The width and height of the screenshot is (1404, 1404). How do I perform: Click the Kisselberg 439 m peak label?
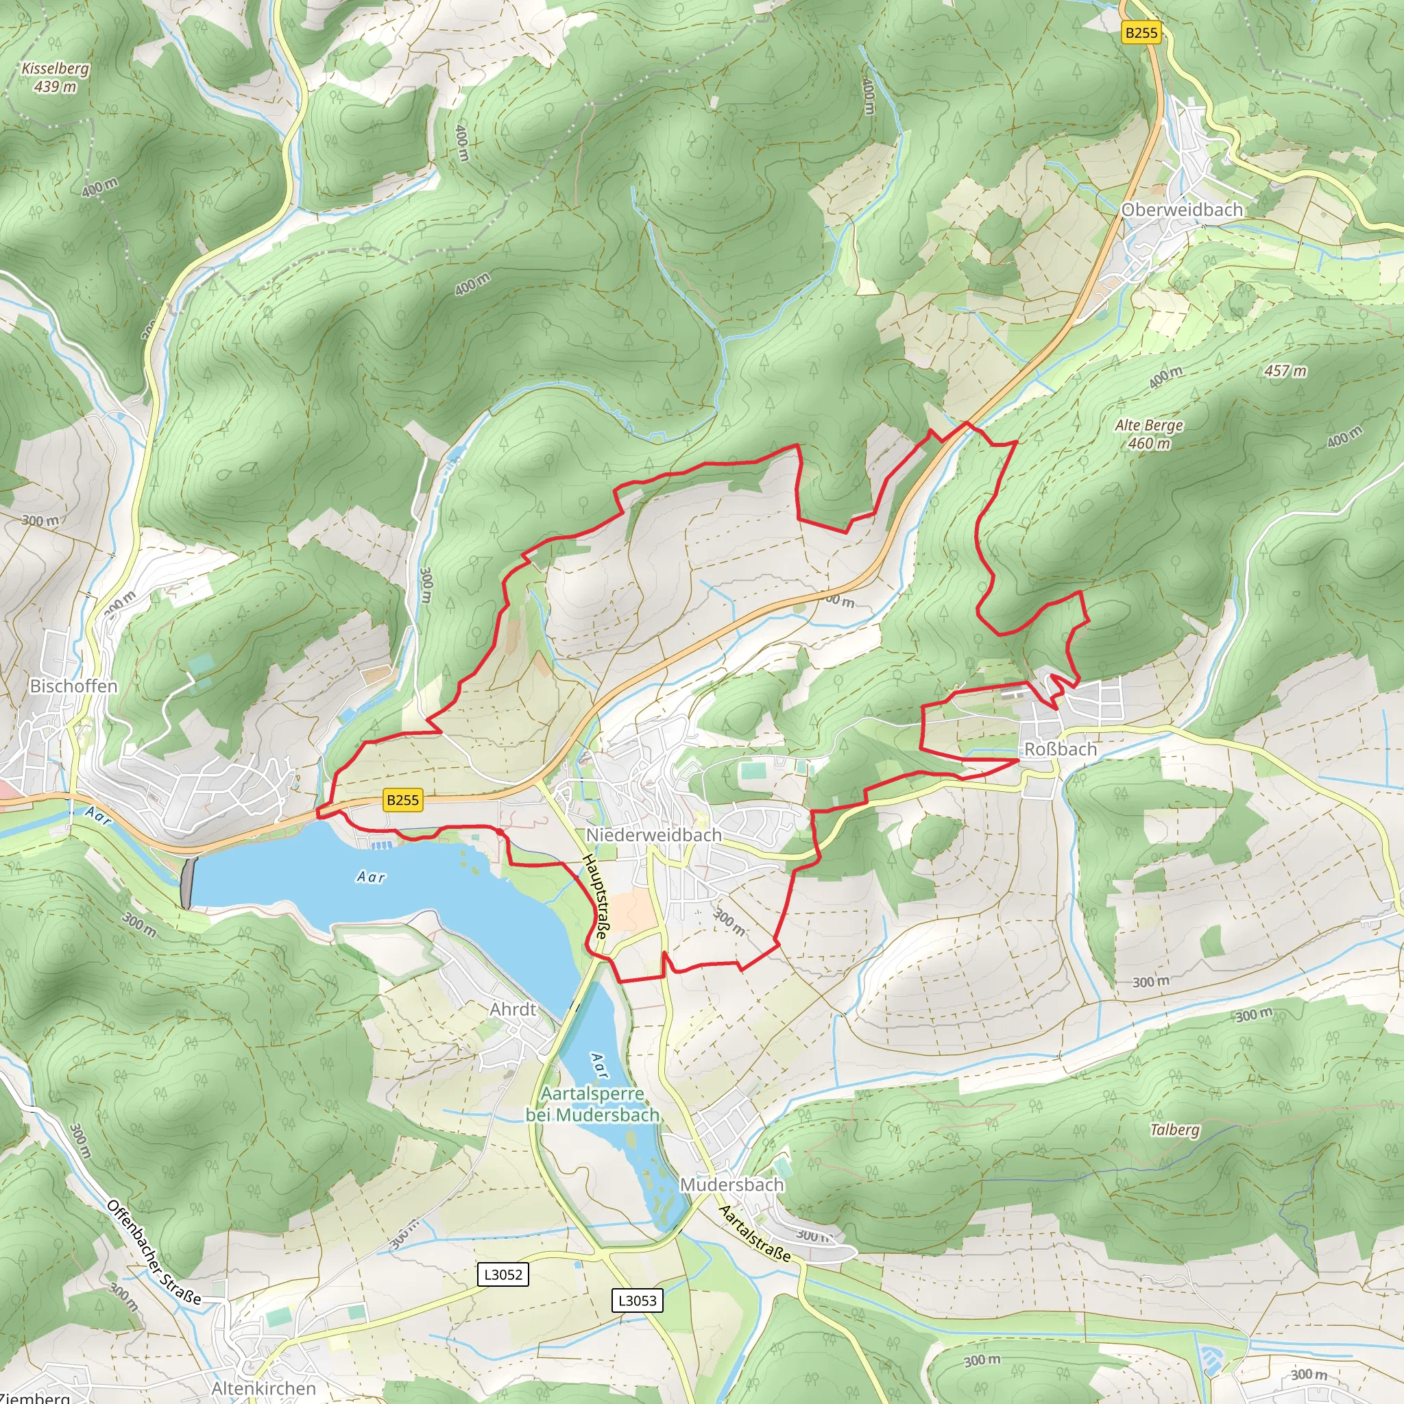[56, 77]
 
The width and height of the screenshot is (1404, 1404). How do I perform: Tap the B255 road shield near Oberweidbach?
[1140, 32]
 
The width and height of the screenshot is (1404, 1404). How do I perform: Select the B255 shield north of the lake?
[402, 800]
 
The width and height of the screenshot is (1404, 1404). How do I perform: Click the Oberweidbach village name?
[1182, 209]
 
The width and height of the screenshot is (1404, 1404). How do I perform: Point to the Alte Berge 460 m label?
[1149, 434]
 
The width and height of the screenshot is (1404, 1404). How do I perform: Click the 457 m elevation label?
[1285, 371]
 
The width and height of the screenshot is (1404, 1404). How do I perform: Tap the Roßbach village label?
[1061, 749]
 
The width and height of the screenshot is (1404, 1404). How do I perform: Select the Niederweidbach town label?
[654, 835]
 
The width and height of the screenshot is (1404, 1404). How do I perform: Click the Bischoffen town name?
[73, 686]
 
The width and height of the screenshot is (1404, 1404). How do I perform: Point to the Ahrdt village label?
[512, 1009]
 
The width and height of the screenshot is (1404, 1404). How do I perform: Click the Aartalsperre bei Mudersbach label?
[592, 1104]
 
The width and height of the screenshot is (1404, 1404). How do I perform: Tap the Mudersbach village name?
[731, 1185]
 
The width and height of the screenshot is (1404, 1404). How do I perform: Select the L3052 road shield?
[503, 1274]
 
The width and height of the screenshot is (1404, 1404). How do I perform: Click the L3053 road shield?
[638, 1300]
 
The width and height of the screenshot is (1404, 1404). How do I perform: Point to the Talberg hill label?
[1174, 1129]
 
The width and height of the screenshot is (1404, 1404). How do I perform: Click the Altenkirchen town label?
[264, 1388]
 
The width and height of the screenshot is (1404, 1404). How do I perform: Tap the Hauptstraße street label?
[594, 897]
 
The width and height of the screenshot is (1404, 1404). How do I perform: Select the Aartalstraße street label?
[753, 1233]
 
